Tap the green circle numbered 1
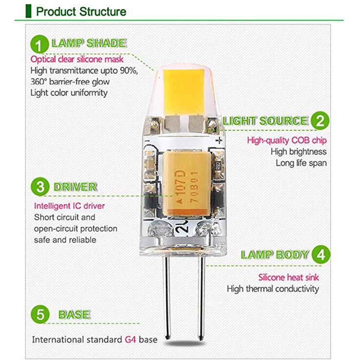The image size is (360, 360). (39, 45)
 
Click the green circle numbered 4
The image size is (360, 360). (320, 255)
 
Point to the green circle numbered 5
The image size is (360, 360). (40, 314)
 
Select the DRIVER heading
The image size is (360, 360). (75, 187)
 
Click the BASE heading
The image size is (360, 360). (74, 314)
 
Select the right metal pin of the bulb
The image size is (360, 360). (200, 299)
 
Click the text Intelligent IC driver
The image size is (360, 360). (69, 205)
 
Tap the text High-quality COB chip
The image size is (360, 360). (286, 141)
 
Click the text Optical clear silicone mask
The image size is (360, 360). (77, 59)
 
